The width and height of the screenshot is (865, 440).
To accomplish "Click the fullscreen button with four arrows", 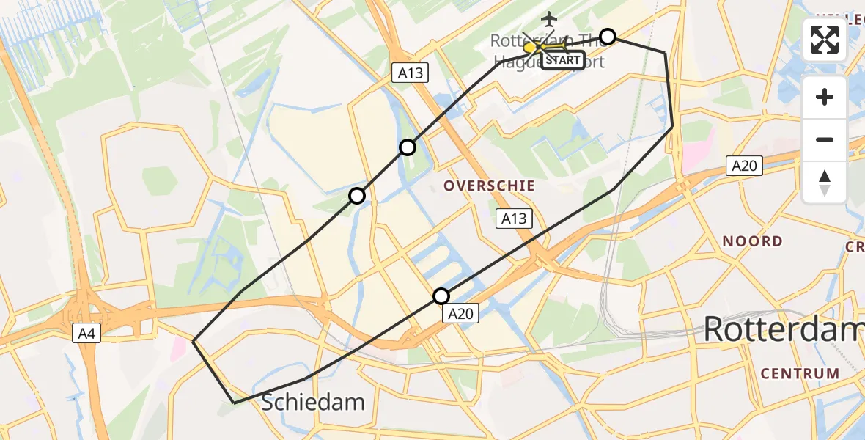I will point(825,40).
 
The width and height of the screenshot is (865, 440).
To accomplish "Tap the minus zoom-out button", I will point(825,139).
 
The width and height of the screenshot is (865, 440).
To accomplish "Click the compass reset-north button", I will point(825,183).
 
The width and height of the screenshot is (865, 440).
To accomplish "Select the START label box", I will point(563,60).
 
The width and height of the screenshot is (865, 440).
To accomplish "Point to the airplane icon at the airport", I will point(548,18).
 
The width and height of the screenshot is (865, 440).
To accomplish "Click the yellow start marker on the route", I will point(530,48).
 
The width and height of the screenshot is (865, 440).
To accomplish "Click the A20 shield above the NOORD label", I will point(743,166).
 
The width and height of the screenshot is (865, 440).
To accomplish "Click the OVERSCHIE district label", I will point(489,186).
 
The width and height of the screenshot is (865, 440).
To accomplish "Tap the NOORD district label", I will point(752,241).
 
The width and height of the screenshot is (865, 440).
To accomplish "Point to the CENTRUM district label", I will point(800,373).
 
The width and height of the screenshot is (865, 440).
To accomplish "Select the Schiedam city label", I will point(313,402).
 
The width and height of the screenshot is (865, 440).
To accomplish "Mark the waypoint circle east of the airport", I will point(608,36).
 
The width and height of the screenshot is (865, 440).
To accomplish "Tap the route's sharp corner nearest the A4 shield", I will point(193,341).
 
